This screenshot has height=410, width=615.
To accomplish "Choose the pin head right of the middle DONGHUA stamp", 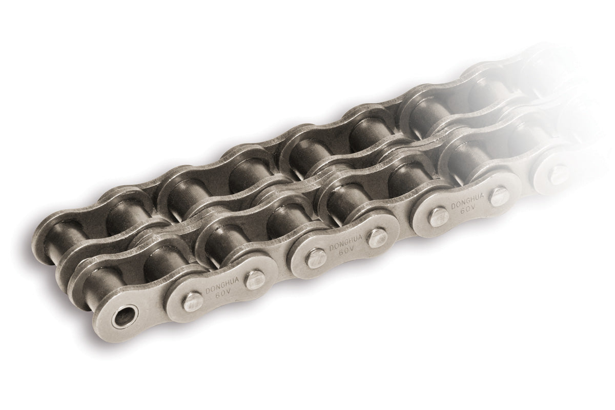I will [x=377, y=237].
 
